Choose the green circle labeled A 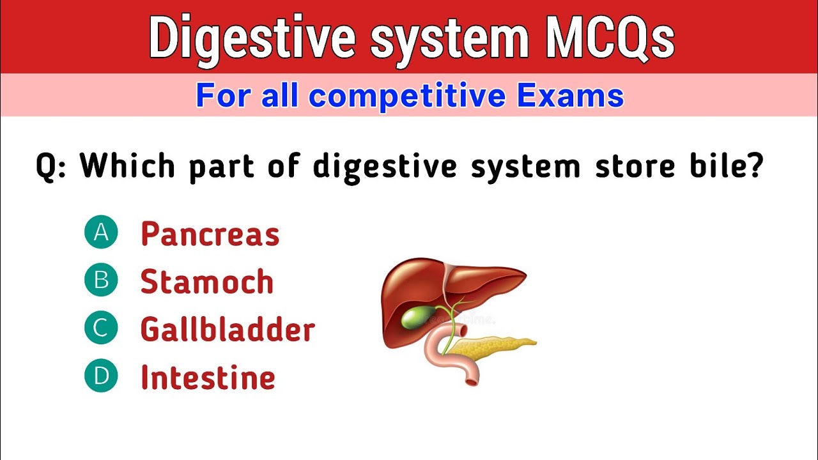pos(101,233)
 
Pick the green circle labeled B pos(101,280)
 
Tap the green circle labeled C pos(101,328)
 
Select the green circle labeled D pos(101,376)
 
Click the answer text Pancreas pos(210,234)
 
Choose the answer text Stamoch pos(207,282)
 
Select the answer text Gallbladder pos(228,330)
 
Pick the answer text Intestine pos(208,378)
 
